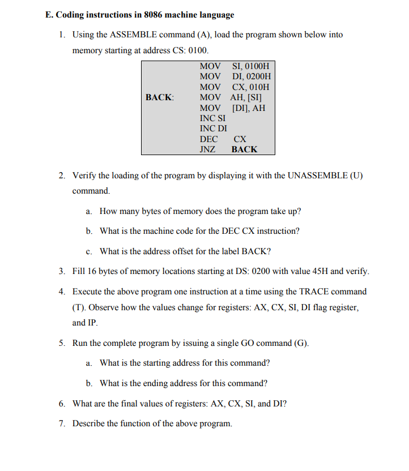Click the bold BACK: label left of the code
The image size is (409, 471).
click(159, 97)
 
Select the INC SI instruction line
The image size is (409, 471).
click(212, 118)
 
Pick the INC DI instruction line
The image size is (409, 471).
click(213, 129)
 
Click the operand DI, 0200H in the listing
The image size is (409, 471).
click(252, 76)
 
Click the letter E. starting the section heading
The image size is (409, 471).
click(49, 15)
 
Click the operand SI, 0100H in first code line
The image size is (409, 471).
click(251, 66)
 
